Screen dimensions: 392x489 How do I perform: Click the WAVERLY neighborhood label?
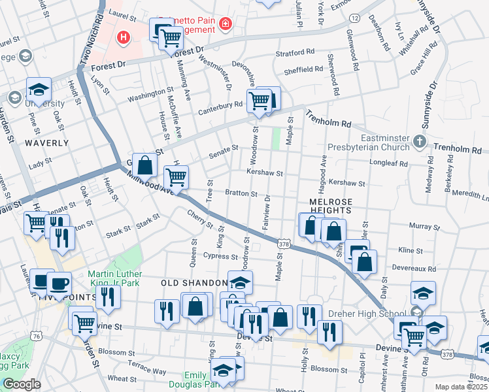click(46, 142)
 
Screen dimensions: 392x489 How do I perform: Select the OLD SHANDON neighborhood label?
click(194, 283)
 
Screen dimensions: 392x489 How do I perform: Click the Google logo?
click(21, 384)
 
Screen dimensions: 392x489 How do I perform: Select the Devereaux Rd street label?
click(414, 267)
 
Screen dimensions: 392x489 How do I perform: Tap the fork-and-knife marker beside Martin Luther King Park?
click(108, 297)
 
